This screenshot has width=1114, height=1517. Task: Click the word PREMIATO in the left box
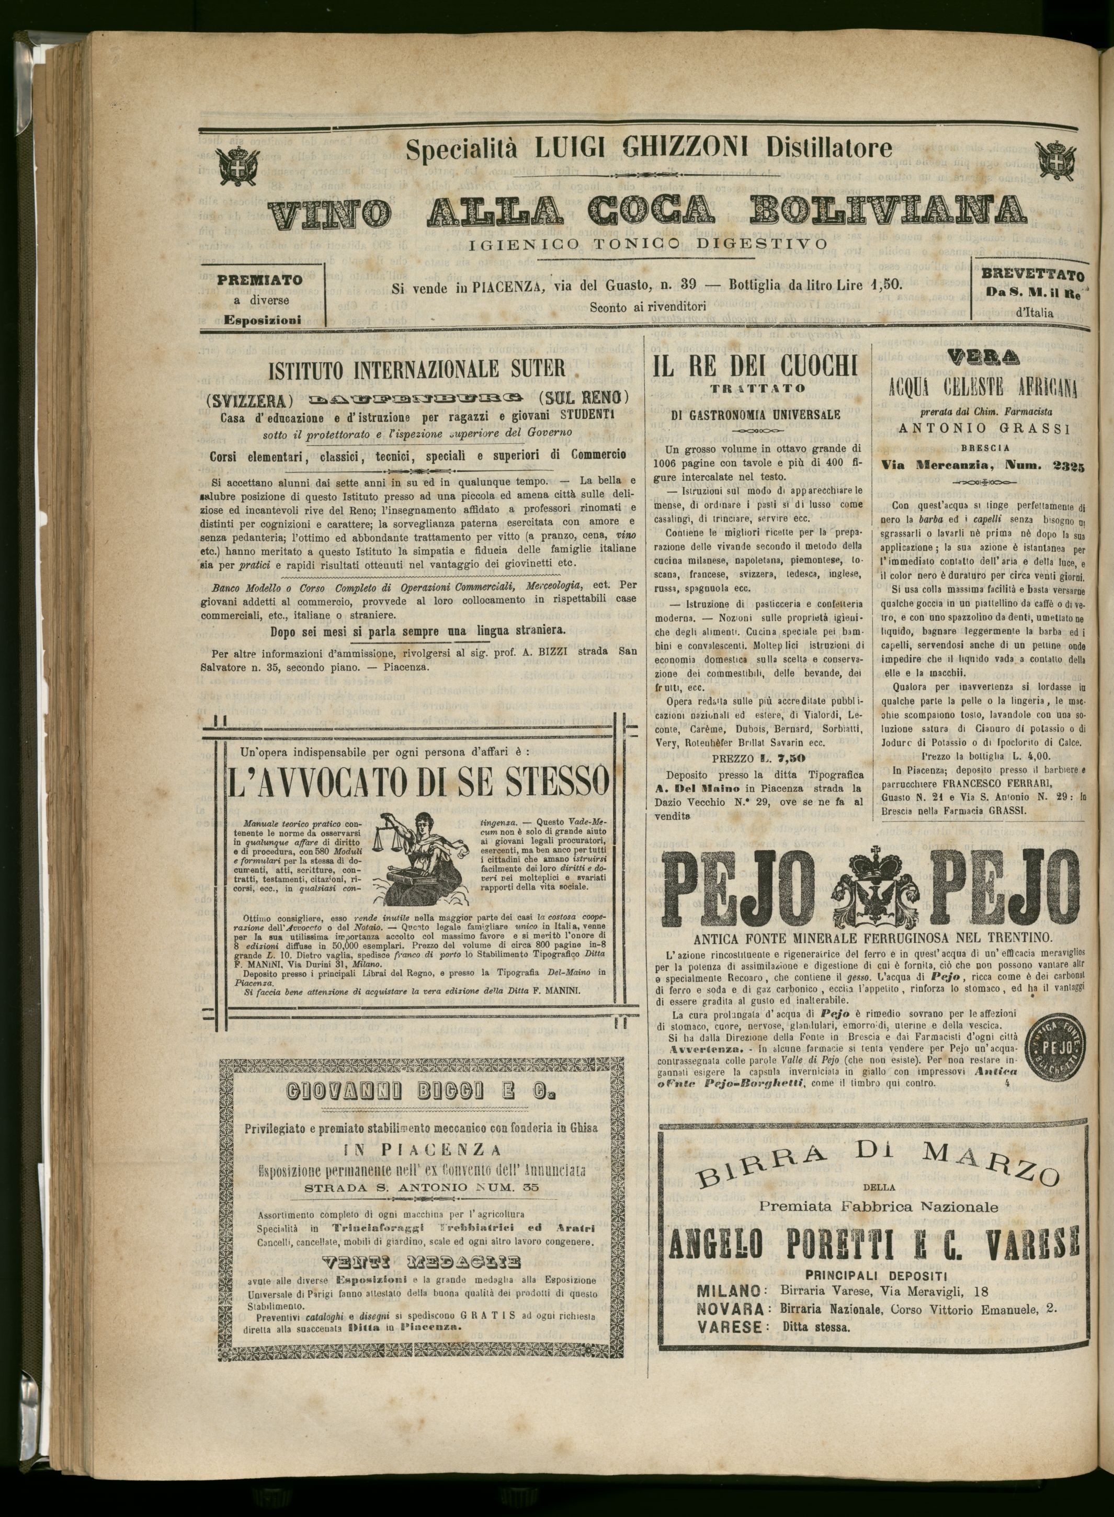click(x=259, y=280)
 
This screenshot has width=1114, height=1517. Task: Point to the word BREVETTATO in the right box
click(x=1032, y=275)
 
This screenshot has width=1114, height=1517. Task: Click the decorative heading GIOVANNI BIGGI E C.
click(x=420, y=1092)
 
